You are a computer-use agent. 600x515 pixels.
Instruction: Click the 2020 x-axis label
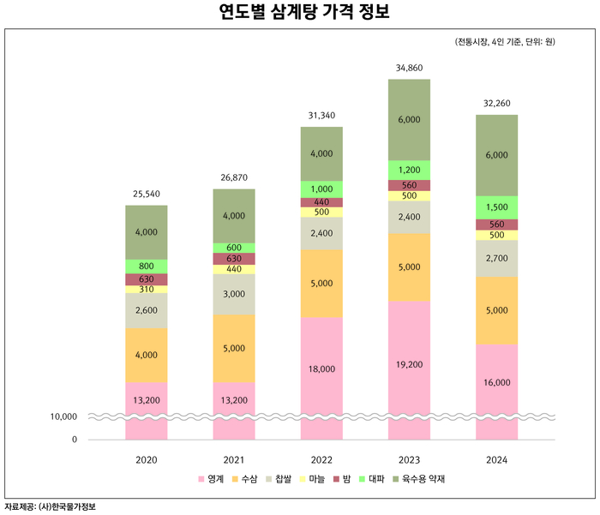click(147, 460)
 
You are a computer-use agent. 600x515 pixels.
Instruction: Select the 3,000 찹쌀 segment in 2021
click(234, 294)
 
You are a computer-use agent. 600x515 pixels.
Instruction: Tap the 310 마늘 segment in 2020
click(147, 290)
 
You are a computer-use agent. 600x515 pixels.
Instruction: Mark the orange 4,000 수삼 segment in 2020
click(147, 355)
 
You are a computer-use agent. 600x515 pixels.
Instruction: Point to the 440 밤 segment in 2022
click(321, 202)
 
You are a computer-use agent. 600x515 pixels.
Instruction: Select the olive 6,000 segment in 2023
click(409, 120)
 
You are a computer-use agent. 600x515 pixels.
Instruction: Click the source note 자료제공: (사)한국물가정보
click(51, 506)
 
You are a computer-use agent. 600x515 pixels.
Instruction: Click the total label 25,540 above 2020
click(147, 195)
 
